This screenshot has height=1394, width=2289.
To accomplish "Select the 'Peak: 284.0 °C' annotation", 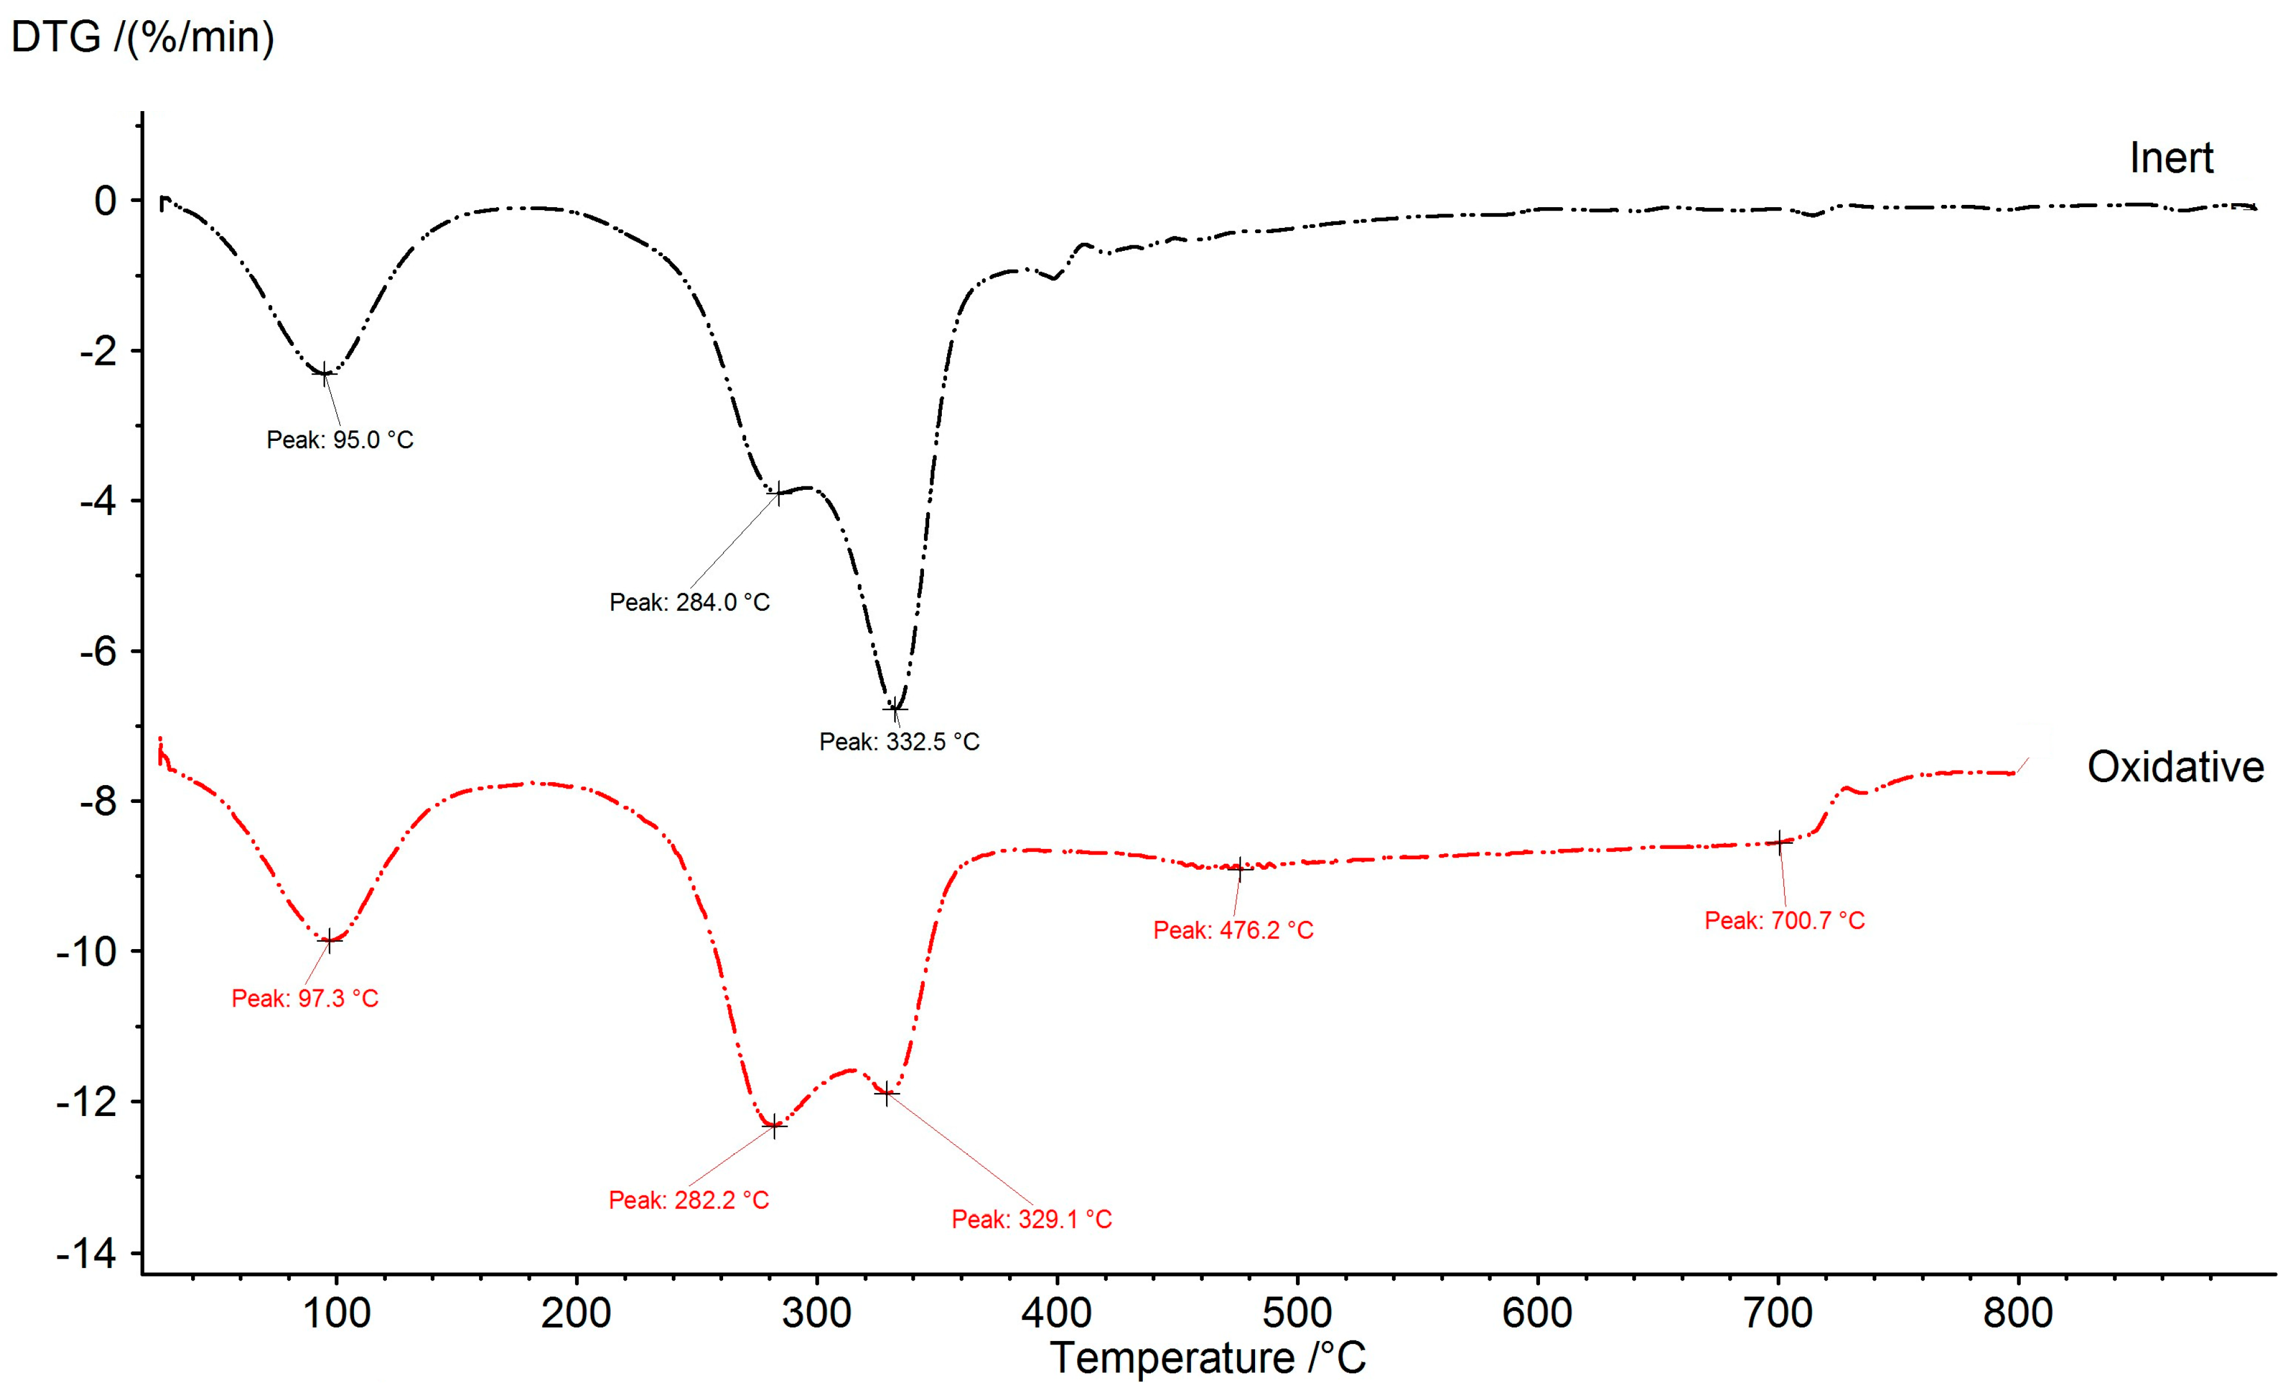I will pyautogui.click(x=689, y=602).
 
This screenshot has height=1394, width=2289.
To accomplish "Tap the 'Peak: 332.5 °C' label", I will pyautogui.click(x=898, y=741).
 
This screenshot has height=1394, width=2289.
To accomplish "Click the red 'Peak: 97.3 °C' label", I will pyautogui.click(x=305, y=999).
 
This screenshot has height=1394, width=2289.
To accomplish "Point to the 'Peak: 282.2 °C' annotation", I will pyautogui.click(x=689, y=1200).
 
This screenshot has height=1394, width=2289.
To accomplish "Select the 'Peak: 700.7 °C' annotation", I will pyautogui.click(x=1784, y=920).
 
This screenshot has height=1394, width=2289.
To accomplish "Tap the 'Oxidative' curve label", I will pyautogui.click(x=2175, y=767).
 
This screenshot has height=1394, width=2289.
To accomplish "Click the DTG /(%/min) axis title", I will pyautogui.click(x=142, y=37).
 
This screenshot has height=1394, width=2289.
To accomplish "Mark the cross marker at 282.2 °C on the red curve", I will pyautogui.click(x=774, y=1126).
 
